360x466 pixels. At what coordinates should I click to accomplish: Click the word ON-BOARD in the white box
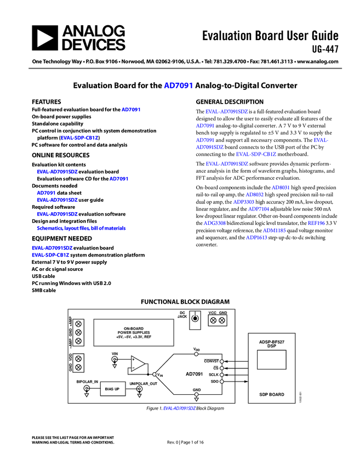coord(134,328)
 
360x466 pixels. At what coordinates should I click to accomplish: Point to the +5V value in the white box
coord(119,337)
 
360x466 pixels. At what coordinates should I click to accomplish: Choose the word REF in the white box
coord(148,337)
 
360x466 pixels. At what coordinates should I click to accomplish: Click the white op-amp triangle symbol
coord(137,363)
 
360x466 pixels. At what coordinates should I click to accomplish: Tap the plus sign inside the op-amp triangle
coord(133,360)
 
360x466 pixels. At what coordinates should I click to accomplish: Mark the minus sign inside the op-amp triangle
coord(133,367)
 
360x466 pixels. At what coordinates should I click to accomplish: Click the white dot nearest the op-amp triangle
coord(154,374)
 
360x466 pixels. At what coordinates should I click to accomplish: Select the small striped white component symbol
coord(195,314)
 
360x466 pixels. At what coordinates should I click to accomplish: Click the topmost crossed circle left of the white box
coord(78,332)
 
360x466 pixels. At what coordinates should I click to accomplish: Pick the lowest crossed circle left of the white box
coord(78,367)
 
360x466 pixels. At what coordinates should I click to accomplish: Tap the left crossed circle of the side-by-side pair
coord(213,320)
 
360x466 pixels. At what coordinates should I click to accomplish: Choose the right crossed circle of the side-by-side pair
coord(222,320)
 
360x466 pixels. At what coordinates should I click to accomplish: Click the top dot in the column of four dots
coord(221,361)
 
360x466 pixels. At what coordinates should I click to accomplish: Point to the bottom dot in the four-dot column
coord(221,382)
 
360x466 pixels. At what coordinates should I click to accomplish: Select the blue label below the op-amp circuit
coord(179,408)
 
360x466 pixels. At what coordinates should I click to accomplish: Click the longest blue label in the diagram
coord(82,228)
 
